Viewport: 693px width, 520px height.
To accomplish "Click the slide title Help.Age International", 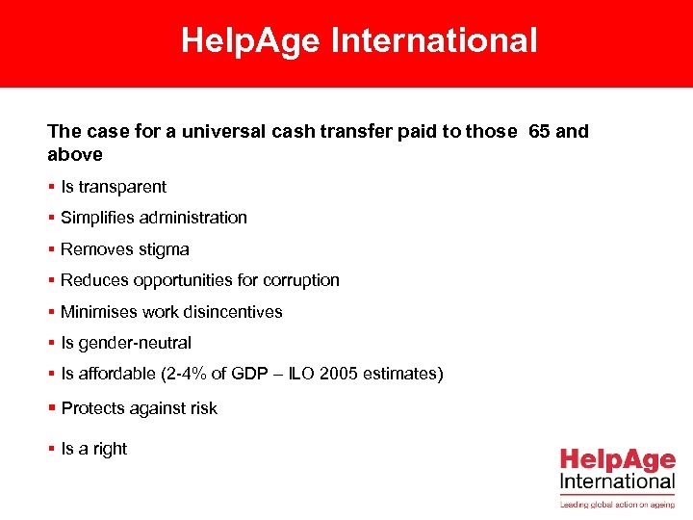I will click(x=359, y=41).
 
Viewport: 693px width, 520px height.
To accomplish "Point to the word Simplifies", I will click(x=98, y=218).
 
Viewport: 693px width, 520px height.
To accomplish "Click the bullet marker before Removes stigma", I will click(x=51, y=249).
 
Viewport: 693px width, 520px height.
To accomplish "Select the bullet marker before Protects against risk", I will click(x=51, y=408).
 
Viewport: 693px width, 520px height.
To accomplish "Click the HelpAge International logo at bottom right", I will click(x=617, y=469).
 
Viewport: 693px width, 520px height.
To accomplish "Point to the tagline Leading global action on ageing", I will click(x=617, y=503).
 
